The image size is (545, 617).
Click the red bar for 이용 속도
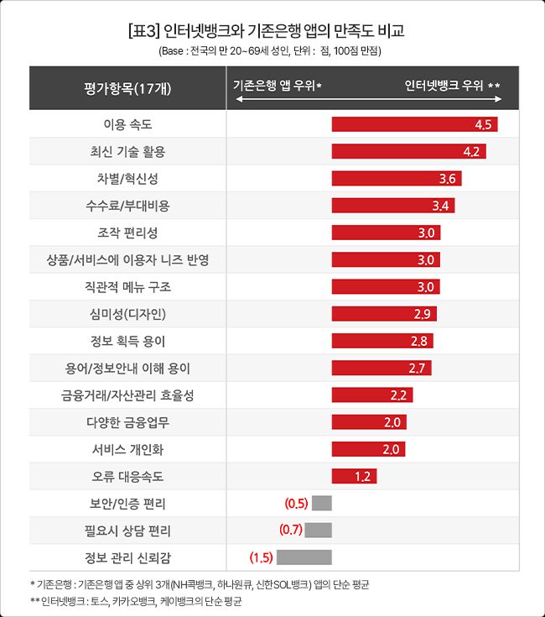pos(414,125)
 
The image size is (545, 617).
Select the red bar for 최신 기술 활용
pos(408,152)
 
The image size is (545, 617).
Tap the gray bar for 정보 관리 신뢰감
pos(304,556)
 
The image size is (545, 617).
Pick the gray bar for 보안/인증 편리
pos(321,504)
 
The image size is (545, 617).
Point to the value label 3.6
pos(447,179)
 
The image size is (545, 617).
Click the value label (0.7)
pos(291,530)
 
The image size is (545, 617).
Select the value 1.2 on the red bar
pos(363,477)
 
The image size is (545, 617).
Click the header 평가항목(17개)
pos(127,87)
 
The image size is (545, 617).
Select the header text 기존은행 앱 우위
pos(277,86)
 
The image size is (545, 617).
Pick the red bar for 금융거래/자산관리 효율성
pos(371,395)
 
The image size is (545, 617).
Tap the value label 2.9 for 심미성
pos(423,314)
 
